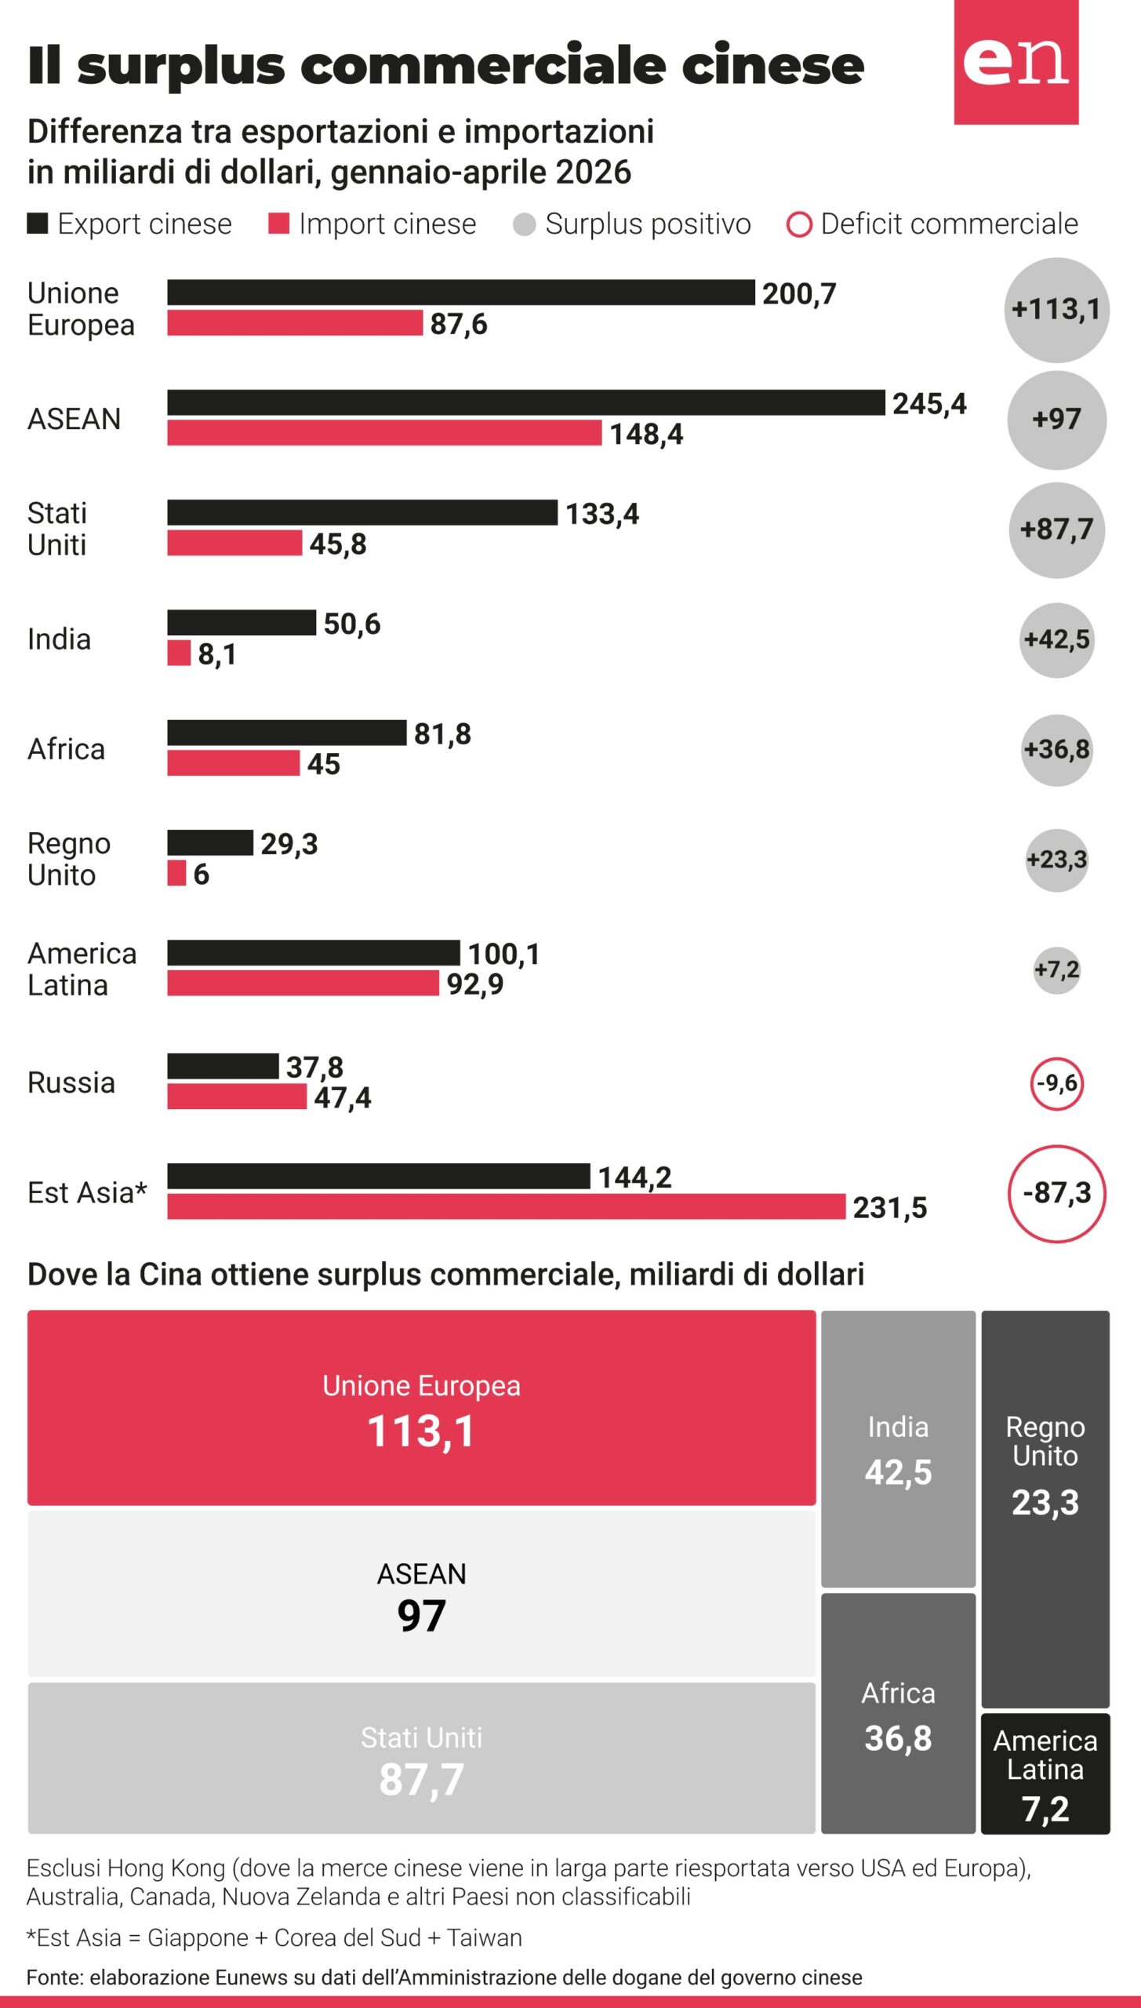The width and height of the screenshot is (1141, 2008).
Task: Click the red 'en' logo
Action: [x=1016, y=62]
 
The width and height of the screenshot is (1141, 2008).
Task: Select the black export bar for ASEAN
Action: [x=526, y=402]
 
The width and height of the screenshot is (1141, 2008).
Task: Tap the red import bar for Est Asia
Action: [x=507, y=1206]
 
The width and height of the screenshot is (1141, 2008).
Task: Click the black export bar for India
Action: [x=242, y=622]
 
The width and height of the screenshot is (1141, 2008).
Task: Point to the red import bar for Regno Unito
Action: [x=176, y=872]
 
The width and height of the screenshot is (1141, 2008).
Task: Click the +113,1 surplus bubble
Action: [x=1056, y=310]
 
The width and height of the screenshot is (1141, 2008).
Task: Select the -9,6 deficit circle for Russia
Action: [x=1056, y=1083]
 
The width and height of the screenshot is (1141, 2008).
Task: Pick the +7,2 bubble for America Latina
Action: [x=1056, y=969]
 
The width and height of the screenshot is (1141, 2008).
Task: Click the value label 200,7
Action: [x=799, y=294]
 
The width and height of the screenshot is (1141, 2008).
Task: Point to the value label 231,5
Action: [x=890, y=1208]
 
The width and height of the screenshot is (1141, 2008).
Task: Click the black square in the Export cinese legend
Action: [x=38, y=224]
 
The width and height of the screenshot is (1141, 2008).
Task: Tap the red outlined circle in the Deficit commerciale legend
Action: [x=799, y=225]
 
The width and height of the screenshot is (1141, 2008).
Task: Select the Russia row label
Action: [x=71, y=1082]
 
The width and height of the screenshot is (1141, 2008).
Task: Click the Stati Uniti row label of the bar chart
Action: [x=57, y=529]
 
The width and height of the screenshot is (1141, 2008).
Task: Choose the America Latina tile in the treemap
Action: [x=1045, y=1773]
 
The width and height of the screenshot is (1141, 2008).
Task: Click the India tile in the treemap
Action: [x=898, y=1449]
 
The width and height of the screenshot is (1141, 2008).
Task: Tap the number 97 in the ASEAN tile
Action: [x=422, y=1616]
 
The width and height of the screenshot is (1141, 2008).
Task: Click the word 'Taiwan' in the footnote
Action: [x=485, y=1937]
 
